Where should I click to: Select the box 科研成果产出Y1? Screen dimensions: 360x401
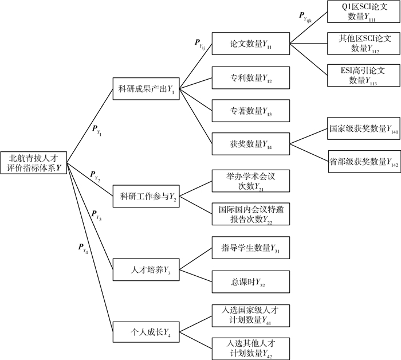pyautogui.click(x=146, y=89)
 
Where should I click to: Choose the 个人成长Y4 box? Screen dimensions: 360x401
pyautogui.click(x=146, y=331)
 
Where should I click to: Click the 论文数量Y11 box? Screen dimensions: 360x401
pyautogui.click(x=251, y=44)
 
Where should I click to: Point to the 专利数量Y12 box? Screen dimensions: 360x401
pyautogui.click(x=251, y=77)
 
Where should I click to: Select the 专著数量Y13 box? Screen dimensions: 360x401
pyautogui.click(x=251, y=109)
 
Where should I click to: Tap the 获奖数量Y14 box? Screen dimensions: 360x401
pyautogui.click(x=251, y=143)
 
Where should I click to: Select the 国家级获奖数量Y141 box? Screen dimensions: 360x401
pyautogui.click(x=361, y=129)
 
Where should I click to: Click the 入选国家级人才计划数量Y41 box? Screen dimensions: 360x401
pyautogui.click(x=251, y=314)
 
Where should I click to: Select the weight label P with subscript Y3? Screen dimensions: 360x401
pyautogui.click(x=96, y=216)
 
